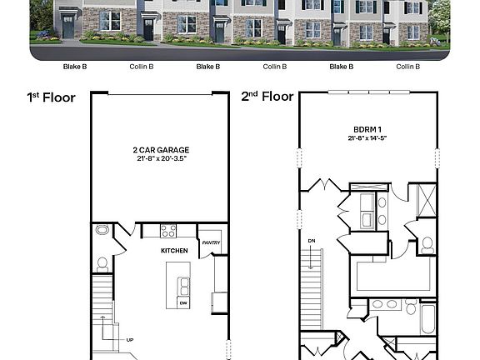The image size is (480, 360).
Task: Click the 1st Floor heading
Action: tap(51, 97)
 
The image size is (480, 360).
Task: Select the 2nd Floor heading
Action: tap(267, 97)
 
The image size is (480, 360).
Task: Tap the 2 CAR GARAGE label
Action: tap(159, 150)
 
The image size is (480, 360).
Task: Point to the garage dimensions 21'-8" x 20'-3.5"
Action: tap(159, 157)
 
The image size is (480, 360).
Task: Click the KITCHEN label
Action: tap(174, 250)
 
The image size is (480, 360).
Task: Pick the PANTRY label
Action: tap(210, 242)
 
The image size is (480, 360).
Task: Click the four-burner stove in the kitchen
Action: tap(167, 231)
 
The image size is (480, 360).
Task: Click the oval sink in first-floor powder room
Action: tap(102, 229)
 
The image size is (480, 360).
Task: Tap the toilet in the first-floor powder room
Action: tap(102, 264)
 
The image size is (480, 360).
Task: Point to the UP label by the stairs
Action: tap(130, 340)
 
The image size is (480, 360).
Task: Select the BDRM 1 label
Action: tap(367, 130)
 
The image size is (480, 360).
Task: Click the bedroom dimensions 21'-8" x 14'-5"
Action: tap(367, 138)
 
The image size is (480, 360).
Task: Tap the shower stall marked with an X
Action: tap(426, 201)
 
